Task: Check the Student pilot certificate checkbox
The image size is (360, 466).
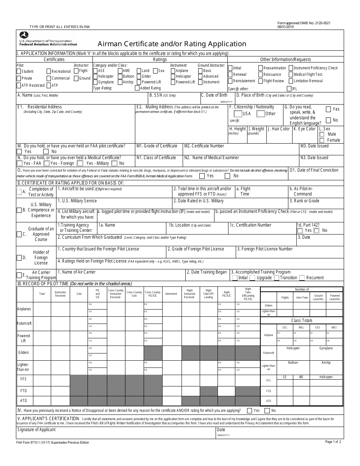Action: (x=19, y=71)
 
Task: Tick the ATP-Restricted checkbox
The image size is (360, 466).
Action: (x=19, y=86)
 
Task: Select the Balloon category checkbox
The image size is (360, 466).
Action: (x=120, y=77)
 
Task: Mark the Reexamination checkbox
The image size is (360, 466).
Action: (x=260, y=68)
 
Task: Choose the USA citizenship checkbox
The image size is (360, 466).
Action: (x=238, y=114)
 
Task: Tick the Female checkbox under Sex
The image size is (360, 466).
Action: (x=322, y=140)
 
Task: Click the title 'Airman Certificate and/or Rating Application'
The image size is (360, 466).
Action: (x=172, y=44)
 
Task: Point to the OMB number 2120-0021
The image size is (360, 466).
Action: (x=320, y=23)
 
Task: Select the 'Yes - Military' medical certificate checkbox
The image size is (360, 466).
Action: (x=80, y=163)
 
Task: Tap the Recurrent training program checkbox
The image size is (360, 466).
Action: (x=302, y=278)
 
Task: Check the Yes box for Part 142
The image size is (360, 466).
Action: (x=300, y=230)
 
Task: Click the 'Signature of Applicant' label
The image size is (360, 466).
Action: (x=36, y=430)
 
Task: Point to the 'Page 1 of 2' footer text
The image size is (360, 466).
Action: (x=333, y=442)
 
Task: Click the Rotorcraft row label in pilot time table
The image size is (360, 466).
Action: (x=24, y=324)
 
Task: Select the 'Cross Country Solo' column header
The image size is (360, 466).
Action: (x=134, y=294)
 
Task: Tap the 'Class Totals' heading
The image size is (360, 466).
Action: (x=302, y=321)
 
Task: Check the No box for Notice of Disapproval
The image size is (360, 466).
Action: (x=267, y=410)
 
